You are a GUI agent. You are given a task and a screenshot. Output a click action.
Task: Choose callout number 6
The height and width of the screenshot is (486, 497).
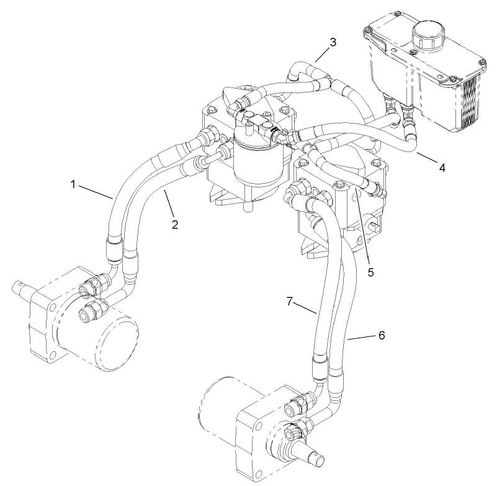(x=382, y=335)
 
